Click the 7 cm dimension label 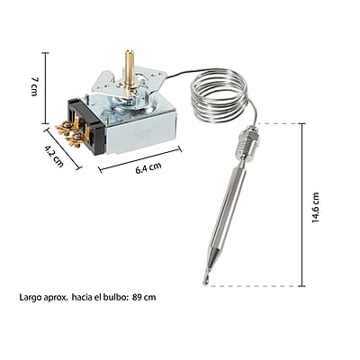click(33, 87)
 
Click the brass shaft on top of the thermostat click(129, 65)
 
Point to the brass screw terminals click(68, 132)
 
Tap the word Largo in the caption click(30, 297)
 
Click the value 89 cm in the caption click(144, 297)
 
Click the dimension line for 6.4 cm click(139, 160)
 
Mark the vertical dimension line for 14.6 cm click(302, 202)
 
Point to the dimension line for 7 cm click(45, 87)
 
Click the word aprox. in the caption click(57, 297)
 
